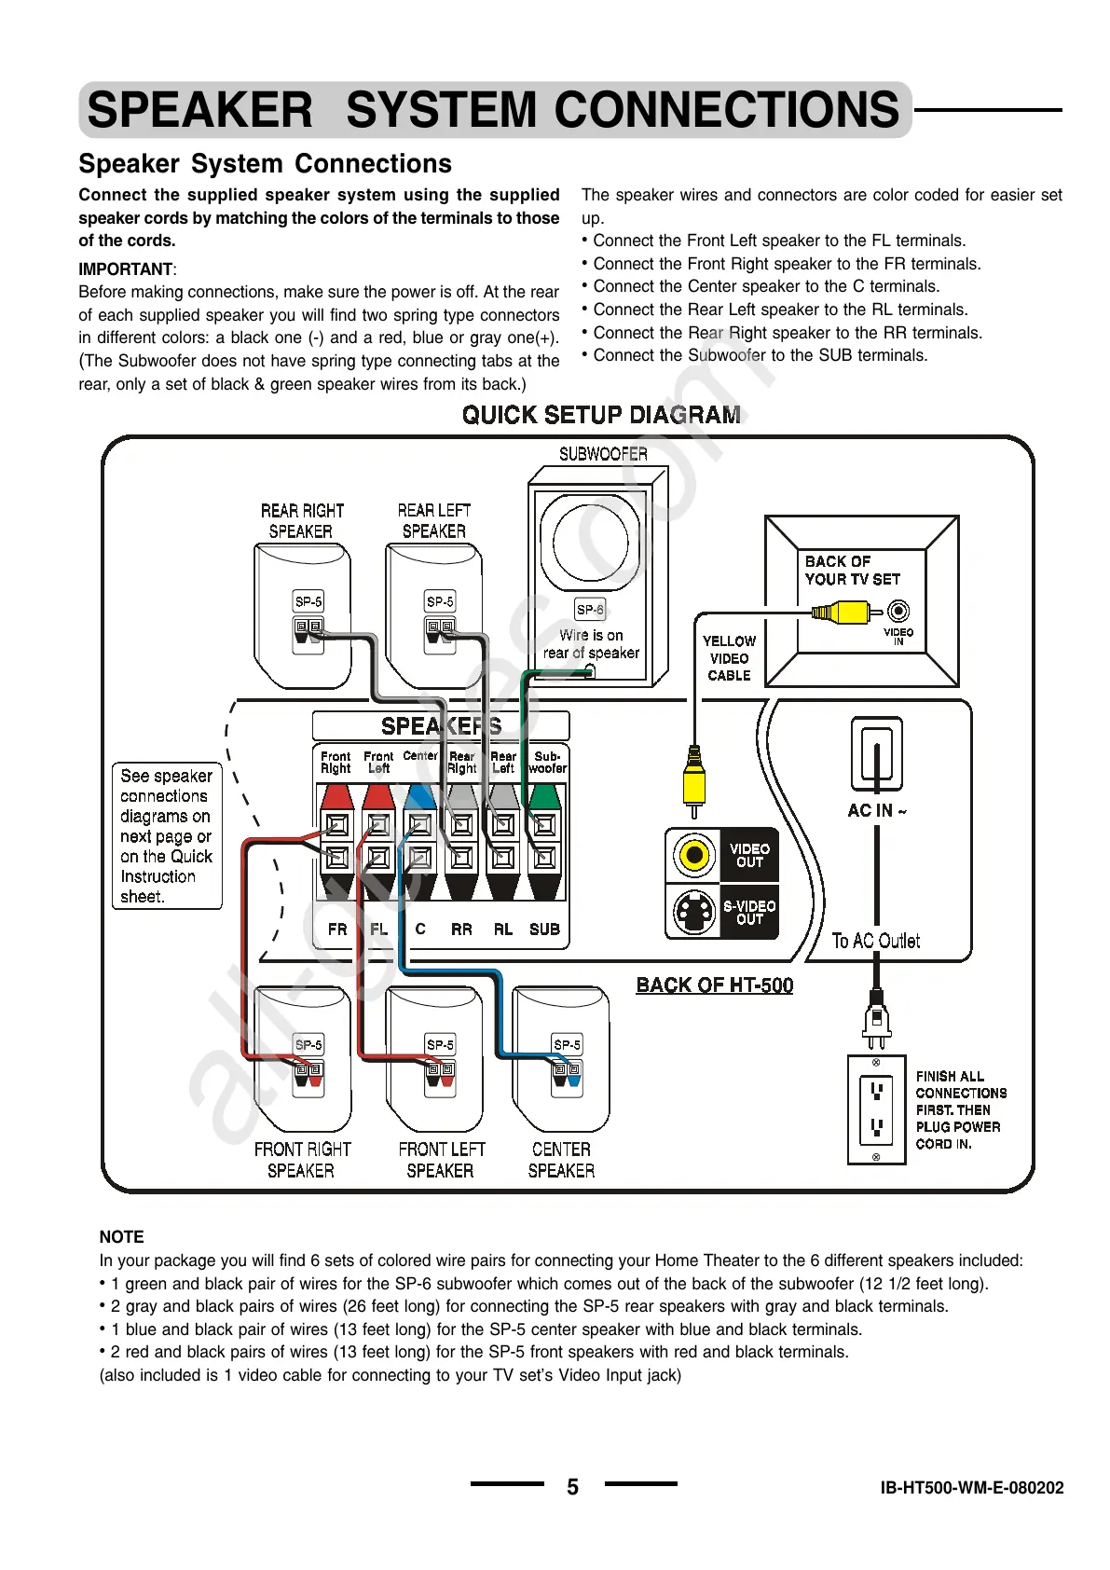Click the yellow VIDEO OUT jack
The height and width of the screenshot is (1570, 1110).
click(693, 855)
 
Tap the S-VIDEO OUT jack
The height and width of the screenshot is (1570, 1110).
click(693, 912)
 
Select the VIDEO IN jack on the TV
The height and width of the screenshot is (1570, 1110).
click(898, 612)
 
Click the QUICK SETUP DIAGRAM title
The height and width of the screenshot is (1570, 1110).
click(602, 415)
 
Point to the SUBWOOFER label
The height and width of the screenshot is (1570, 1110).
click(603, 454)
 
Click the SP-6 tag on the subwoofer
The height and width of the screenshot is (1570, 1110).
click(590, 610)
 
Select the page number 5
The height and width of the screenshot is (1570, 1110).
click(572, 1487)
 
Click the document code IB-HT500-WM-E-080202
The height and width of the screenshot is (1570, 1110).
click(971, 1488)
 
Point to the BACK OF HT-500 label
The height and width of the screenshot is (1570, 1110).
click(714, 985)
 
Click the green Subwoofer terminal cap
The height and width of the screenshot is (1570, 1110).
click(545, 795)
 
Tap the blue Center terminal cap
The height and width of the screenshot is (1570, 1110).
click(420, 795)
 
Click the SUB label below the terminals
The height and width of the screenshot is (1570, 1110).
click(544, 930)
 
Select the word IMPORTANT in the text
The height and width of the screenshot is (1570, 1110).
click(126, 269)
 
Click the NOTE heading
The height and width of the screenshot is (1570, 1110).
click(122, 1237)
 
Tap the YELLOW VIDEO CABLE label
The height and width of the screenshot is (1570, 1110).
click(729, 658)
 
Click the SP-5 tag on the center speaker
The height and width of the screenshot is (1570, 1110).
click(567, 1045)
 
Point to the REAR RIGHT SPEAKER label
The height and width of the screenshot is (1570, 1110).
click(302, 521)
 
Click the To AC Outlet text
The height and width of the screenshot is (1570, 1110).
click(876, 941)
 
